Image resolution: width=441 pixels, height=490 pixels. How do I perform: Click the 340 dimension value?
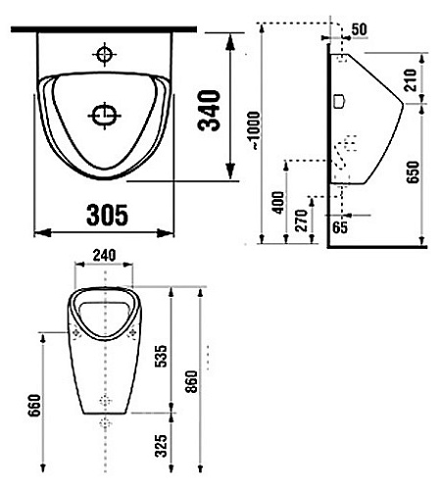(209, 110)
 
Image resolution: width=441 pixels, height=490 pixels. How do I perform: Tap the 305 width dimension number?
(107, 216)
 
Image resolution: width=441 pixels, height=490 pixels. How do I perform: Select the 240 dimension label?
(104, 255)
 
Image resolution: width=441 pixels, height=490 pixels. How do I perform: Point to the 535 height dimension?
(161, 356)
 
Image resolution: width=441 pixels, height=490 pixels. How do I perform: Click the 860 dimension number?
(191, 381)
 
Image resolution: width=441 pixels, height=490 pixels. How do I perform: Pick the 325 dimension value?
(161, 446)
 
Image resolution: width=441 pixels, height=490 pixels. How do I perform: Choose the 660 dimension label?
(34, 406)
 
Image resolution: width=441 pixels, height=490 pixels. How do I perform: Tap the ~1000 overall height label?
(254, 130)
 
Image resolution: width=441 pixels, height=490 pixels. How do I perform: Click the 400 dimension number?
(278, 203)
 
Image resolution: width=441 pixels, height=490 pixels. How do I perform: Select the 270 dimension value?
(301, 220)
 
